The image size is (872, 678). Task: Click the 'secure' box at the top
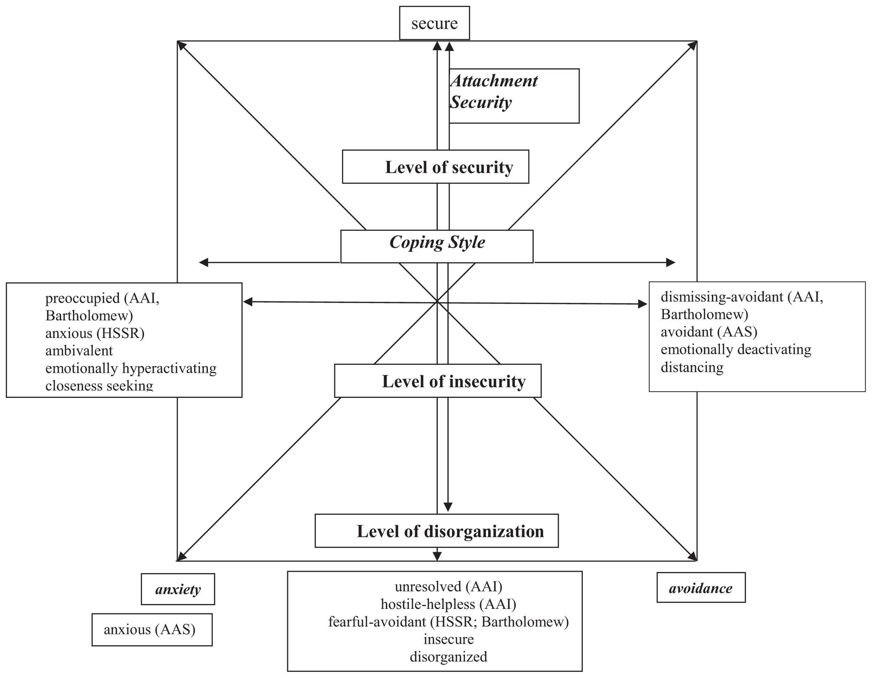pos(434,23)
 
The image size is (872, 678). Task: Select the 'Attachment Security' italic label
pos(494,92)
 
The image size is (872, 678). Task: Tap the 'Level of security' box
pos(436,167)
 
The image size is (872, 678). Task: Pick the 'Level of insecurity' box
pos(438,381)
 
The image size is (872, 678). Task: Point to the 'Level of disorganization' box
pos(436,531)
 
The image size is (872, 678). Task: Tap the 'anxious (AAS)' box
pos(152,630)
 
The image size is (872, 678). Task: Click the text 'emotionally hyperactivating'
pos(130,368)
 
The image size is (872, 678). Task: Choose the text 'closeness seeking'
pos(99,385)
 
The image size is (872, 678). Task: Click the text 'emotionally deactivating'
pos(736,349)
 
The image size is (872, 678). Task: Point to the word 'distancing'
pos(692,367)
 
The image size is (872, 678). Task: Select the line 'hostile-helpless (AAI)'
pos(448,604)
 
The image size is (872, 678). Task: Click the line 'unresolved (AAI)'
pos(448,587)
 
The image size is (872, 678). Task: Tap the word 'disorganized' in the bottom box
pos(448,657)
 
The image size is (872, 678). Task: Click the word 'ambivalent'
pos(79,351)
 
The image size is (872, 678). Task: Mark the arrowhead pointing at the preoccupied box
pos(248,302)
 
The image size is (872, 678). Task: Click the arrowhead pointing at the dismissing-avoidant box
pos(642,304)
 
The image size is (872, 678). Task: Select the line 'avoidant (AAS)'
pos(709,332)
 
